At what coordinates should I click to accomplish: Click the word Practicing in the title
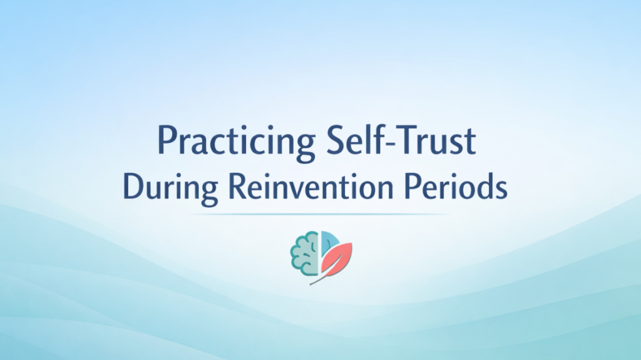235,142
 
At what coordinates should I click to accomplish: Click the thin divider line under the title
320,214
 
